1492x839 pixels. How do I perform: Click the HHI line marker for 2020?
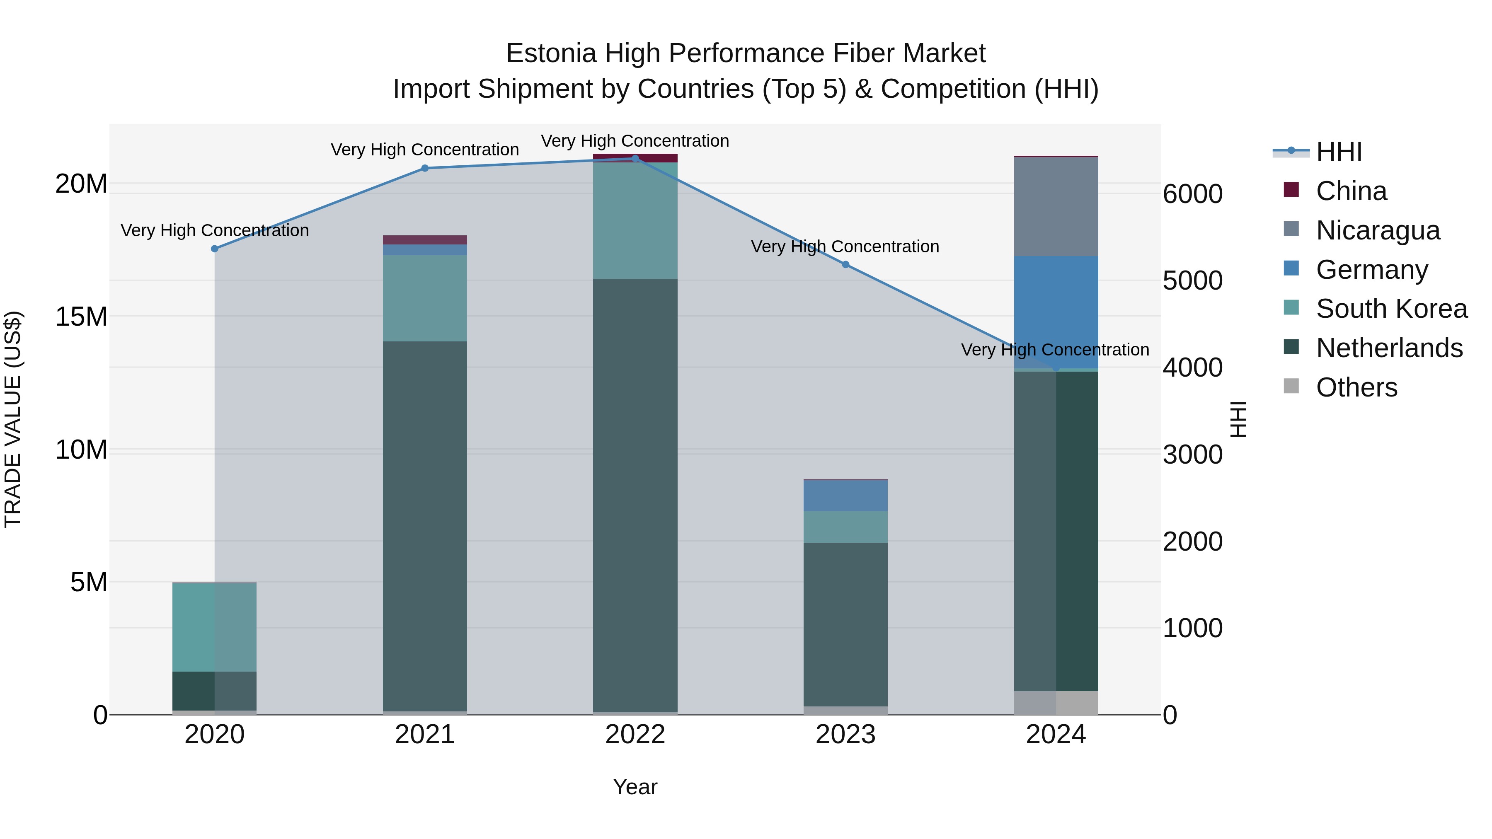coord(214,249)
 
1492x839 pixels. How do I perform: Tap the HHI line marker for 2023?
coord(845,265)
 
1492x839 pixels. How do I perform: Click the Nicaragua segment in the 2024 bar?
coord(1056,206)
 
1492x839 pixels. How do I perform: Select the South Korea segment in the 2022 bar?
coord(635,220)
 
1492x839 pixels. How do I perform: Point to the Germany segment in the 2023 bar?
coord(845,496)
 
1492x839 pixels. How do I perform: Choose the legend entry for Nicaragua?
coord(1377,230)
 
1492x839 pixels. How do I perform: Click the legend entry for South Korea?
coord(1391,309)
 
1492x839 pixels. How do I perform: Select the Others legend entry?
coord(1356,387)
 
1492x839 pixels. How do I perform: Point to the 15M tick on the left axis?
coord(81,317)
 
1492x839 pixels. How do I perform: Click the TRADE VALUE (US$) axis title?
coord(13,419)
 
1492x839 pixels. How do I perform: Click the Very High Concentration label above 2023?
coord(845,247)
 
